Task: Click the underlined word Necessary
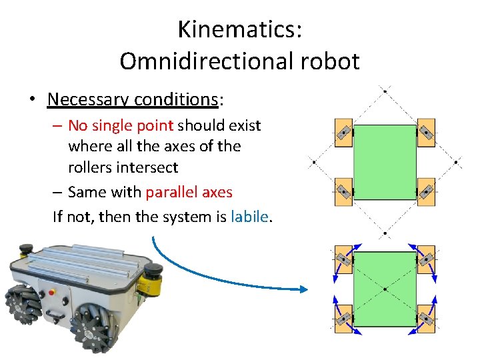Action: click(x=88, y=99)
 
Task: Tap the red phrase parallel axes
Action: click(x=189, y=193)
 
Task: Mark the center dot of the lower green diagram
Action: click(x=385, y=289)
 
